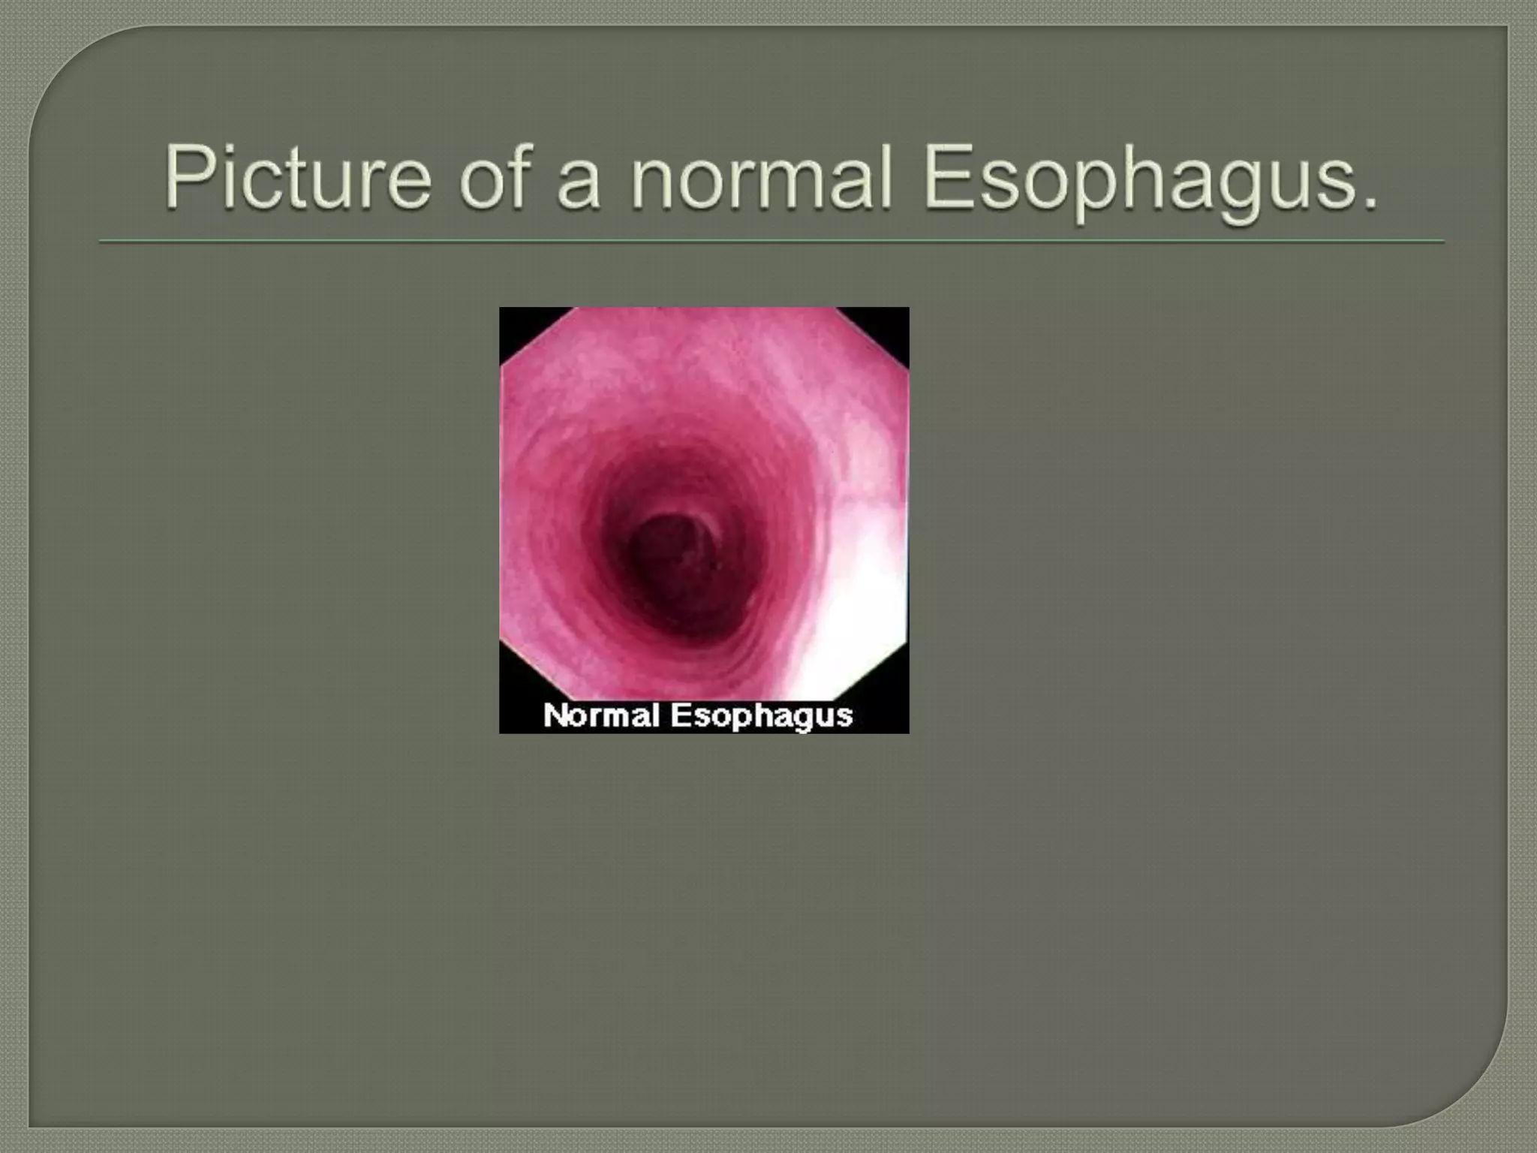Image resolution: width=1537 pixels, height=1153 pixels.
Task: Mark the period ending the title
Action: click(1370, 203)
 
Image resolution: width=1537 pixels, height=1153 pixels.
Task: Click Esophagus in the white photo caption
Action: click(761, 715)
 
